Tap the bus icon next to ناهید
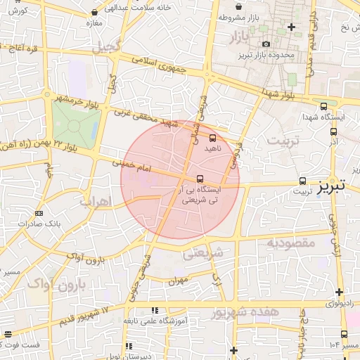coord(213,138)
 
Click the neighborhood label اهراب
coord(96,202)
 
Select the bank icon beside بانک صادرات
coord(38,213)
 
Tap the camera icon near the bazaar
coord(266,44)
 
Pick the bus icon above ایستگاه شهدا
coord(323,106)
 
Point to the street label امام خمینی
coord(131,167)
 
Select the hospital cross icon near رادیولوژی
coord(340,292)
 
